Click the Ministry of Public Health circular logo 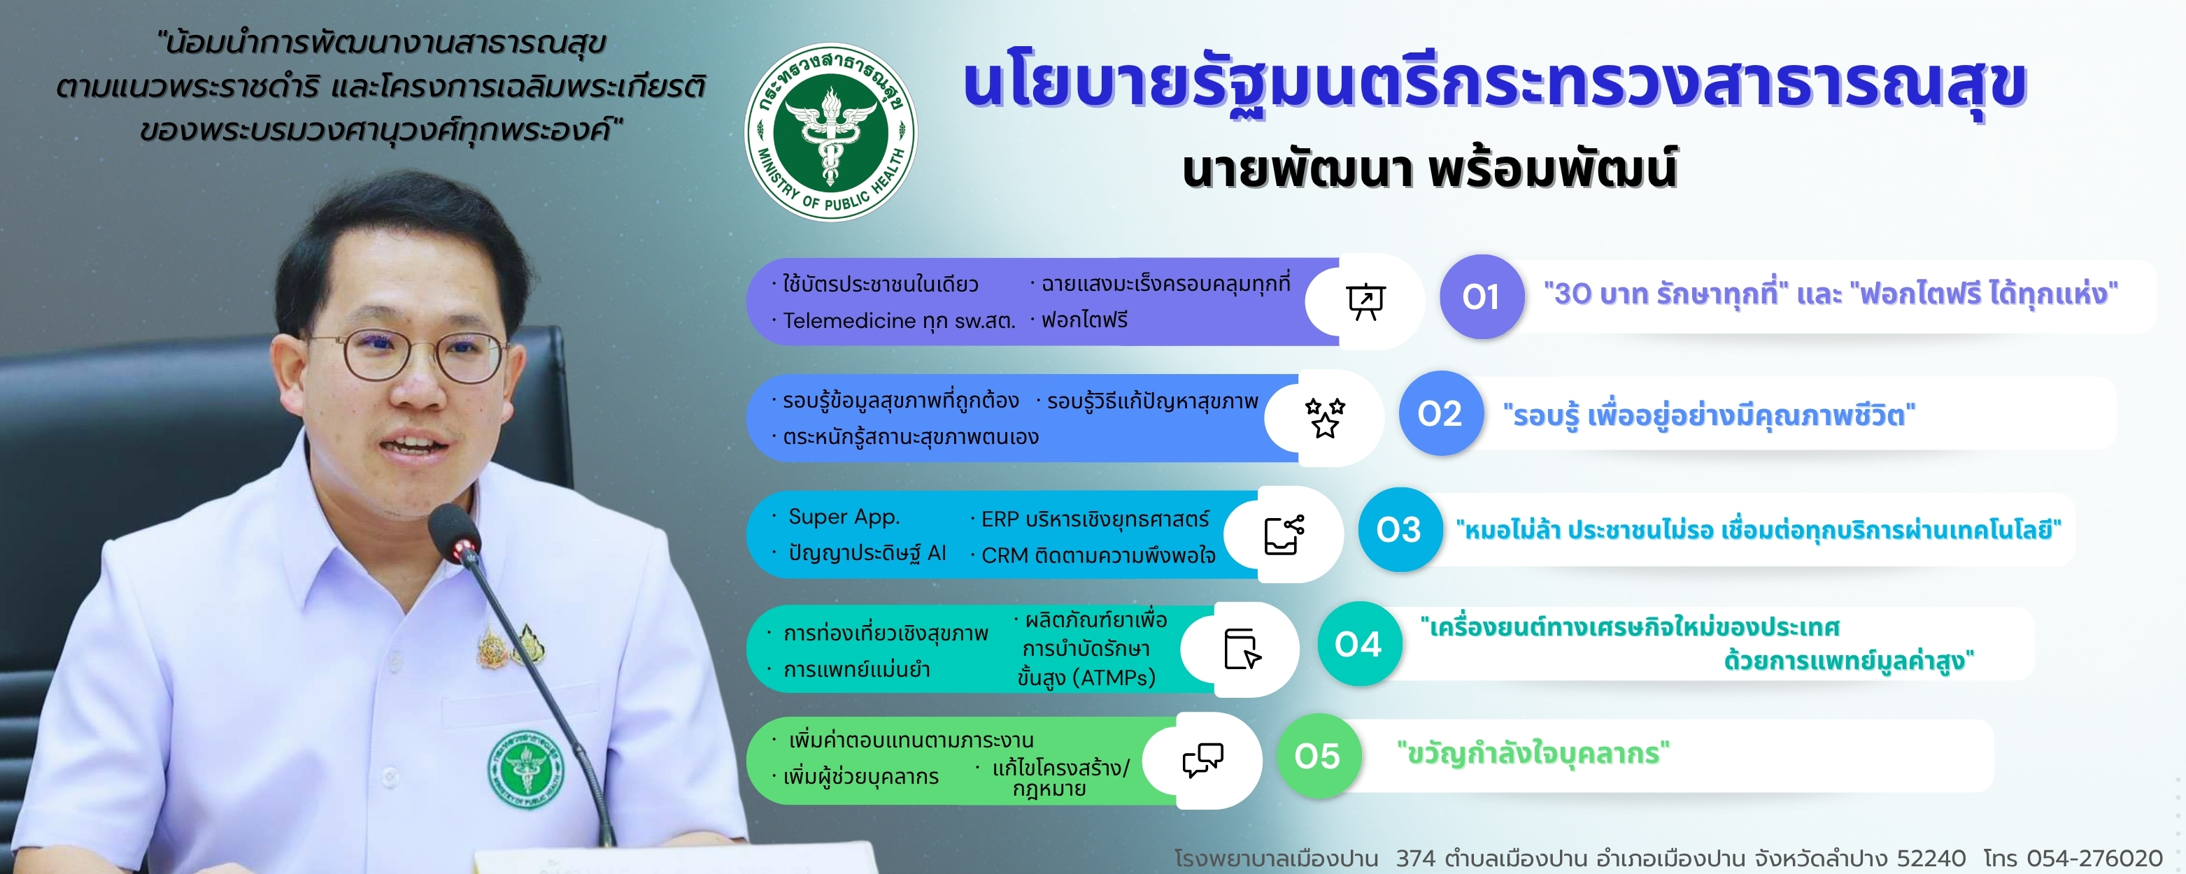(831, 132)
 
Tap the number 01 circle (1482, 297)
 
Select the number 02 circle (1441, 413)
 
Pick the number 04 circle (1359, 644)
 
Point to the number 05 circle (1319, 756)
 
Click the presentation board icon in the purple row (1365, 301)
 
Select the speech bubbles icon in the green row (1202, 760)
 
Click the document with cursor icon (1242, 649)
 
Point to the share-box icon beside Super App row (1284, 535)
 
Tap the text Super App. (844, 517)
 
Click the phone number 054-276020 (2094, 859)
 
